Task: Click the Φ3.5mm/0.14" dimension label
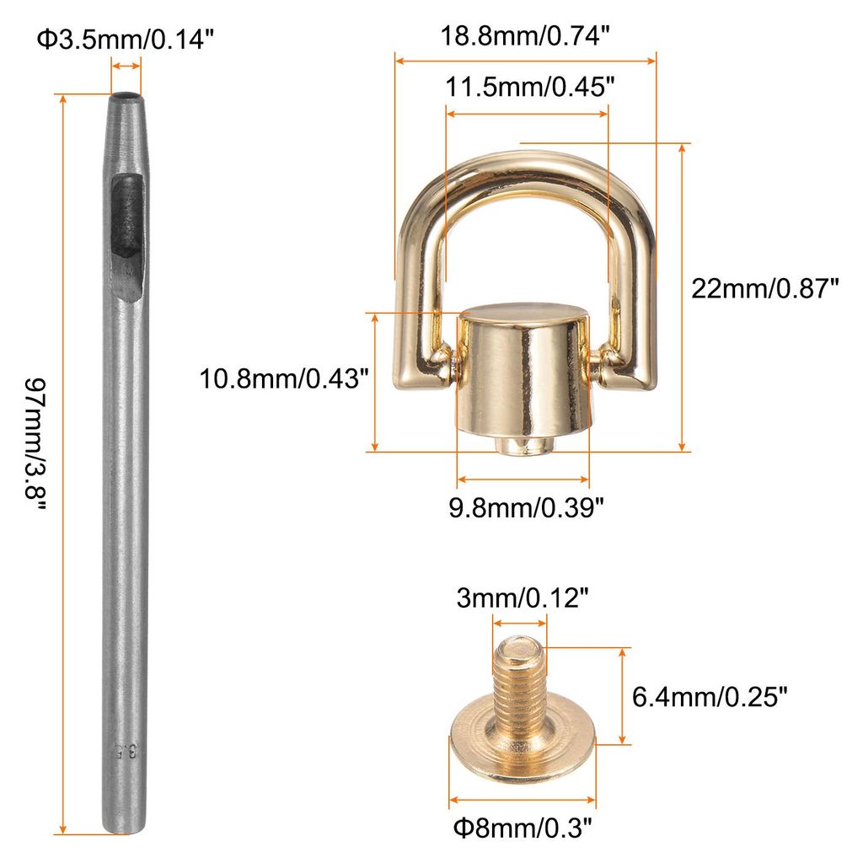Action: click(125, 40)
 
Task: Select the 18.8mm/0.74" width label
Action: click(525, 36)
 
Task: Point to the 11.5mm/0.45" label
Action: click(529, 87)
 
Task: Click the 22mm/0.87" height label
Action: click(764, 288)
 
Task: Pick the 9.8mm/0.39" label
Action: click(526, 507)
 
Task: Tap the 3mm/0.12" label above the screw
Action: click(523, 598)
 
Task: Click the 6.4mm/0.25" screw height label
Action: click(710, 697)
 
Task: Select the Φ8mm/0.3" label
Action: click(523, 828)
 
